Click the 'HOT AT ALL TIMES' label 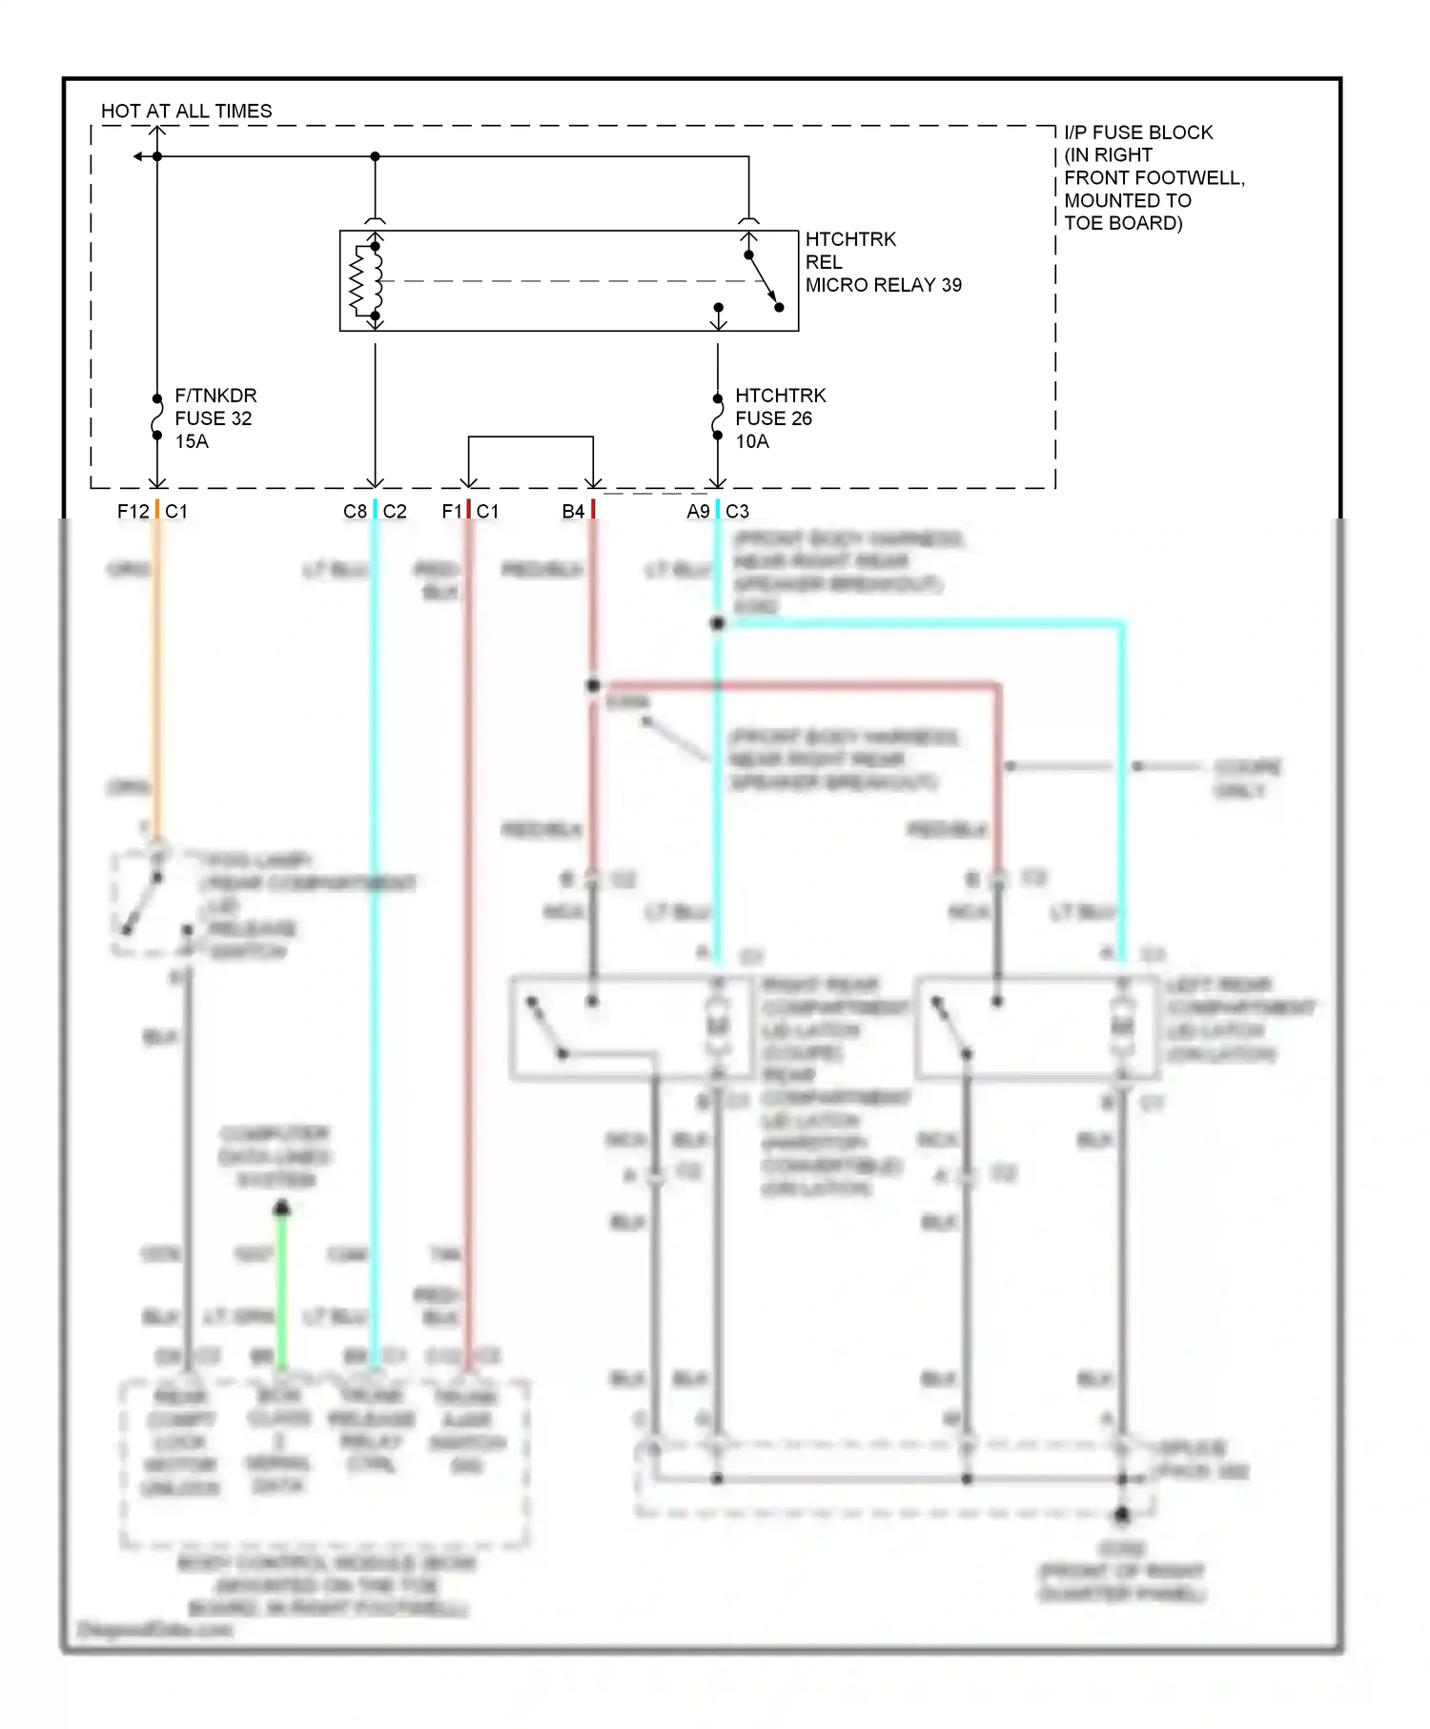tap(186, 112)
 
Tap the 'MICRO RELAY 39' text tap(883, 285)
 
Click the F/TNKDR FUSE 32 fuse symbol tap(157, 417)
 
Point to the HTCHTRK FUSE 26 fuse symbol tap(718, 417)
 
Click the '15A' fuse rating tap(192, 441)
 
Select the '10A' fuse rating tap(752, 441)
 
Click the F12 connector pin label tap(133, 512)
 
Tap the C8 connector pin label tap(355, 512)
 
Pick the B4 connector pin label tap(572, 512)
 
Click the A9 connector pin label tap(698, 512)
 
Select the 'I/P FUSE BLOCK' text tap(1138, 132)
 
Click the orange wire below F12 tap(157, 667)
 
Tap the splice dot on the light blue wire tap(718, 623)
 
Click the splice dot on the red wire tap(593, 685)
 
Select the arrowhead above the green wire tap(281, 1209)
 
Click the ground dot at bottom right tap(1122, 1514)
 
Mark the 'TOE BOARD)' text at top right tap(1123, 223)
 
